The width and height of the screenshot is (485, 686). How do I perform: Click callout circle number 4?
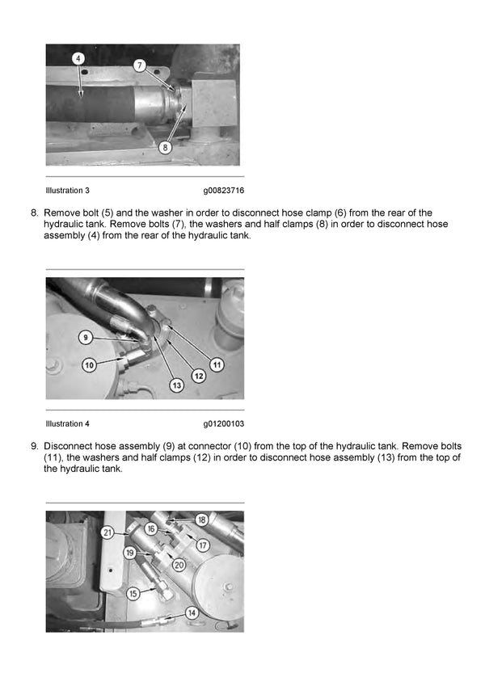coord(78,58)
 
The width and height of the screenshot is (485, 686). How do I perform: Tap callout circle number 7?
coord(139,65)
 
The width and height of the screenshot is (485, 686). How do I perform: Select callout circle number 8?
coord(165,147)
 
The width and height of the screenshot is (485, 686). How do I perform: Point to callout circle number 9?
coord(85,336)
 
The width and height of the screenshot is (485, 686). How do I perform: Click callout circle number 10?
coord(89,365)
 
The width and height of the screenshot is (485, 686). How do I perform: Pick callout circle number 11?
coord(217,365)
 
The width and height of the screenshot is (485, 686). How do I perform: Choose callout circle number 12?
coord(198,376)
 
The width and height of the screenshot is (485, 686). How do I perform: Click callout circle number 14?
coord(192,613)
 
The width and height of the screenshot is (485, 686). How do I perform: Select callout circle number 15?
coord(133,593)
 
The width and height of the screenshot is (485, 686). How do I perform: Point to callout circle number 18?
coord(201,520)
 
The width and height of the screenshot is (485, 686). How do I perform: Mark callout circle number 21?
coord(108,532)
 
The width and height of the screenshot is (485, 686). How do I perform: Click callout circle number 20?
coord(179,565)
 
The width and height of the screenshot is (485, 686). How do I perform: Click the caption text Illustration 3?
coord(67,191)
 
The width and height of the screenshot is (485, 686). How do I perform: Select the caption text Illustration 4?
coord(67,423)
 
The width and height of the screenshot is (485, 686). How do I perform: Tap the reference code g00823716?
coord(224,191)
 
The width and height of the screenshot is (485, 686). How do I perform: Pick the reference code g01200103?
coord(224,423)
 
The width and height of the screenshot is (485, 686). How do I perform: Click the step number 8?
coord(34,213)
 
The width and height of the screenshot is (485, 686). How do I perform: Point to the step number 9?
coord(34,446)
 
